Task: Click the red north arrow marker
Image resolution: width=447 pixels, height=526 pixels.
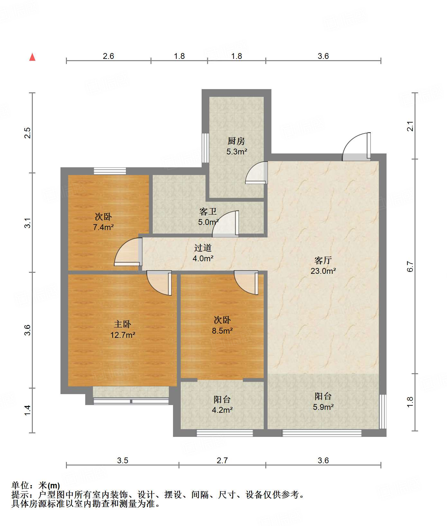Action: [x=32, y=57]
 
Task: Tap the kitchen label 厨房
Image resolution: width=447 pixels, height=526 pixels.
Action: [x=236, y=141]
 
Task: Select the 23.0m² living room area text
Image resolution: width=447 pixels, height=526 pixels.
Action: [x=323, y=271]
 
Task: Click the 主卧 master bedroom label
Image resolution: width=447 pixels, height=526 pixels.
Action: [x=123, y=324]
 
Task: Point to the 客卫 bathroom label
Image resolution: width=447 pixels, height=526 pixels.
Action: [x=208, y=211]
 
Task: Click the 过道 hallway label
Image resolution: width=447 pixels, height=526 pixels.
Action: [x=203, y=248]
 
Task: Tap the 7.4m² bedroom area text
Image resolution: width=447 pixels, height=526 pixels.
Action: [x=103, y=227]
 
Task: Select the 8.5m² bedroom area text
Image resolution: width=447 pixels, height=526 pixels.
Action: [x=222, y=331]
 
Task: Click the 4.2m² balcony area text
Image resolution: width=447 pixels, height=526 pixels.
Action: [x=222, y=410]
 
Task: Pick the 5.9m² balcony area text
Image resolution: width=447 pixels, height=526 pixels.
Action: [x=323, y=407]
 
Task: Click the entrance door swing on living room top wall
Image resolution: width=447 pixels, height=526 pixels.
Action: [x=356, y=147]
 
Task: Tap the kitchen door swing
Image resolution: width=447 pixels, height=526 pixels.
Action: [x=256, y=172]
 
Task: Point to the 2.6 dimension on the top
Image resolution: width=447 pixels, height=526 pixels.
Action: [x=108, y=56]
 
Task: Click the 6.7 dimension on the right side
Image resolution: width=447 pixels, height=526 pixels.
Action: [x=410, y=266]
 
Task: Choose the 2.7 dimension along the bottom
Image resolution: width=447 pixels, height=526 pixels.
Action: [x=222, y=460]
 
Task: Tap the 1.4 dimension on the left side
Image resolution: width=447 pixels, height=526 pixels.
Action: [x=28, y=410]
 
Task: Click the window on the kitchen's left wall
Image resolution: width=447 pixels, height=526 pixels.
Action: [x=205, y=148]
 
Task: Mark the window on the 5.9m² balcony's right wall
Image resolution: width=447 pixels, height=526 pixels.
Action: [x=383, y=412]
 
